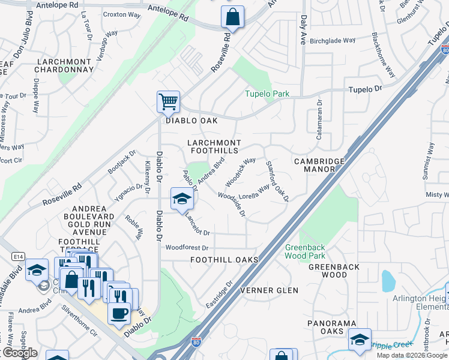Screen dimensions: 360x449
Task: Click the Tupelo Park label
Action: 267,94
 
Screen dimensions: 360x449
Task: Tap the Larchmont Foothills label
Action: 214,146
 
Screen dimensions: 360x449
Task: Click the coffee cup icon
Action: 119,313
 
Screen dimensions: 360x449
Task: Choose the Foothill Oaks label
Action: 224,260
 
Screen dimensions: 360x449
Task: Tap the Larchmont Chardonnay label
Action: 65,65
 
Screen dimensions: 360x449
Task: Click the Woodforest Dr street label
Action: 187,247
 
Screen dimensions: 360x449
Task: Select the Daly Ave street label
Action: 303,31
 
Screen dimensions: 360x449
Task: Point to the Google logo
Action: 19,353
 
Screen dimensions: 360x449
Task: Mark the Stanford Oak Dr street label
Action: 277,181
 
